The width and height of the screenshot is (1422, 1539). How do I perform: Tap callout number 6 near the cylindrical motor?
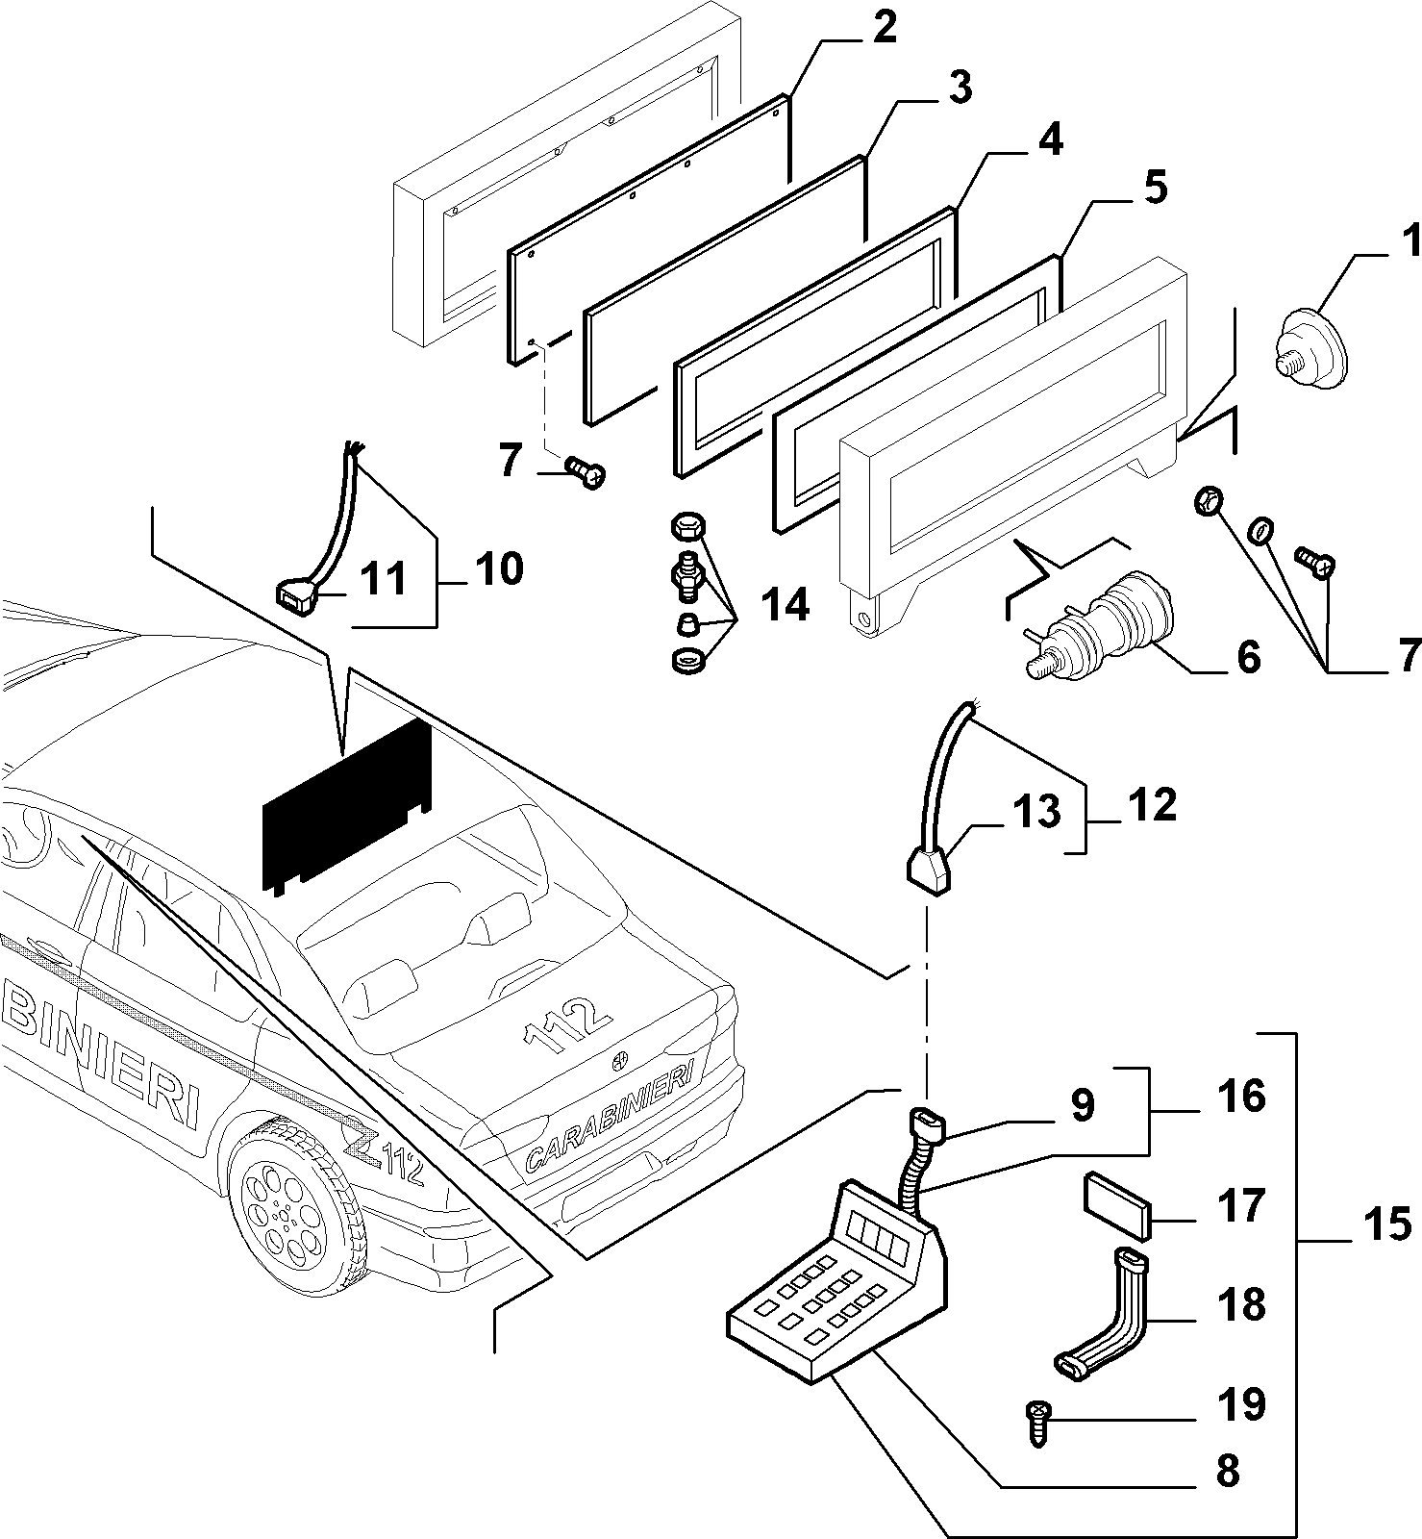tap(1247, 658)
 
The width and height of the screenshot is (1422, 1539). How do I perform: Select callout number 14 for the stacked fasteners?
tap(784, 605)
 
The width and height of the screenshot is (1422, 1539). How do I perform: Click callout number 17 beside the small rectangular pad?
tap(1241, 1206)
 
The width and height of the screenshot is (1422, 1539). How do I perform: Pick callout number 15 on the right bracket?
tap(1388, 1226)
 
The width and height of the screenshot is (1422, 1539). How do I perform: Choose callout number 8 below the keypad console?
tap(1228, 1471)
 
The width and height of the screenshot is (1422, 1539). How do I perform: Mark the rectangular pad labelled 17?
tap(1117, 1205)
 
